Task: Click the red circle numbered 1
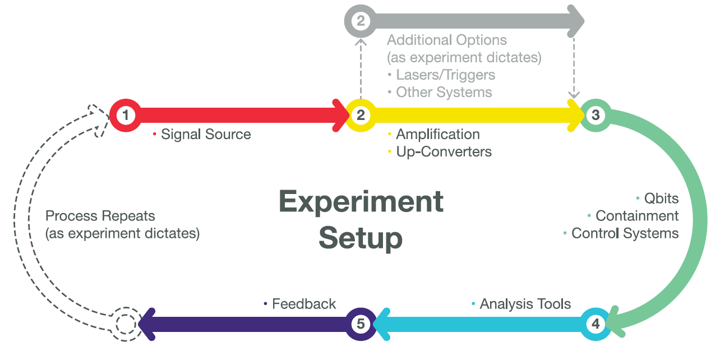pos(126,116)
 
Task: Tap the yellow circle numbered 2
pos(361,116)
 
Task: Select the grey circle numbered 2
pos(361,21)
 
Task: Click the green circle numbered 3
pos(595,116)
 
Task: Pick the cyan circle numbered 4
pos(595,324)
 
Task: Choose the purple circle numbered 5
pos(361,324)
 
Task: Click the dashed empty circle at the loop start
pos(126,324)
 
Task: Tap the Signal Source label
pos(206,135)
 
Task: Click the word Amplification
pos(438,135)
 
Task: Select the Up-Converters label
pos(444,151)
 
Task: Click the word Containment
pos(637,216)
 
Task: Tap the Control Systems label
pos(625,233)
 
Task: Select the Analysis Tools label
pos(525,304)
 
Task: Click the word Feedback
pos(304,304)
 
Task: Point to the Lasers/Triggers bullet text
pos(445,75)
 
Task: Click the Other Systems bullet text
pos(444,92)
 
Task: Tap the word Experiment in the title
pos(361,202)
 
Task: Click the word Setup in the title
pos(361,238)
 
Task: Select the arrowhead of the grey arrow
pos(576,21)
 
